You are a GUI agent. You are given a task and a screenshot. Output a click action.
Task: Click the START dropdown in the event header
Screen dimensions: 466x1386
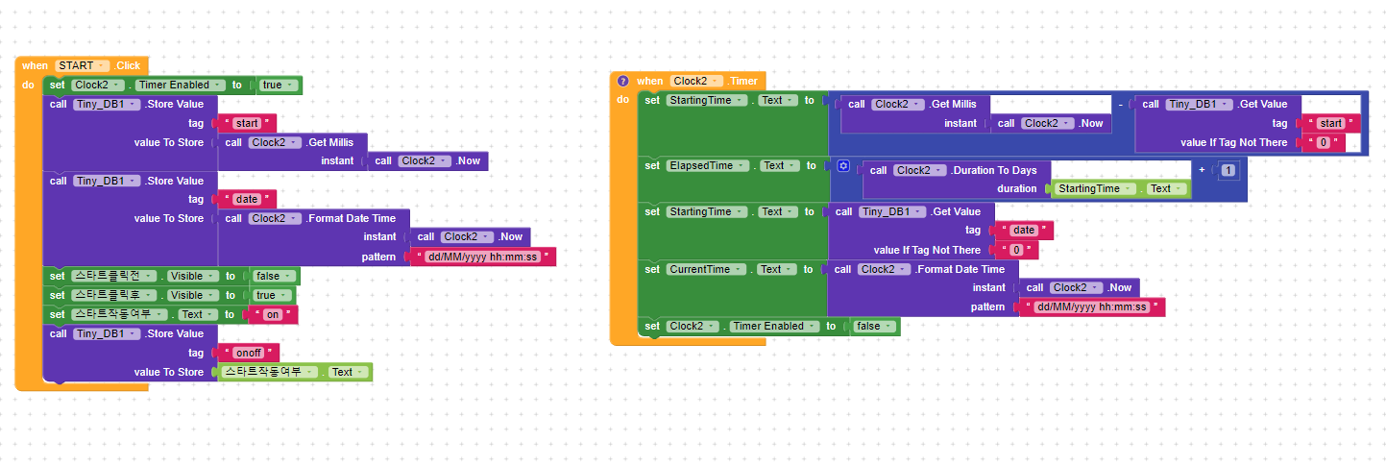click(82, 65)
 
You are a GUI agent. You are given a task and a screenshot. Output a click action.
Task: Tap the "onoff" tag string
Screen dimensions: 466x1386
click(249, 353)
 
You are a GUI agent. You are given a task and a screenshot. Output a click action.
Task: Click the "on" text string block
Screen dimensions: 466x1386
click(272, 314)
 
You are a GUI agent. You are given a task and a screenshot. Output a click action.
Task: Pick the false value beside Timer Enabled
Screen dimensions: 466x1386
click(873, 326)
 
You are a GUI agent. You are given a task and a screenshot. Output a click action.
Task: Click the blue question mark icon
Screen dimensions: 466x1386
click(622, 82)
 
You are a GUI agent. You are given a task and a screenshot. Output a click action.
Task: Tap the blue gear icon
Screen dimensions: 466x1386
click(842, 166)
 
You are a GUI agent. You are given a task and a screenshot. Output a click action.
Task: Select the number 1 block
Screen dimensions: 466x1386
click(1228, 169)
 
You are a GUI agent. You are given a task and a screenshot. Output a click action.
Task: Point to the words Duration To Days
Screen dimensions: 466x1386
click(996, 170)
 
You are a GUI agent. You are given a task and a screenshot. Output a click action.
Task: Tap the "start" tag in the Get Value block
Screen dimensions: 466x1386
click(1330, 123)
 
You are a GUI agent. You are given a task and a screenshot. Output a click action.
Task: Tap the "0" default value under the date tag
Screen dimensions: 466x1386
click(1018, 250)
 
